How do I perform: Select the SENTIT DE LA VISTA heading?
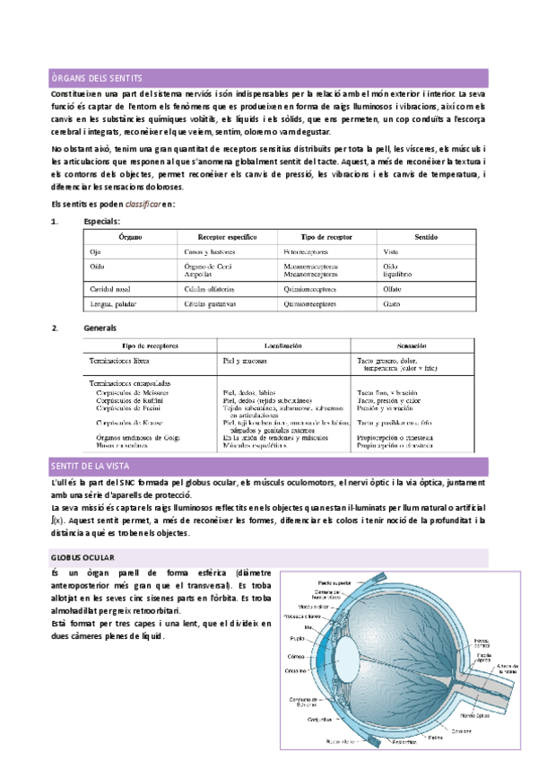(91, 465)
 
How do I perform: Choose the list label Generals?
(100, 328)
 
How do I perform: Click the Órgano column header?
(130, 237)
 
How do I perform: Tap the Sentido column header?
(426, 237)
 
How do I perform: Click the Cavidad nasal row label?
(112, 289)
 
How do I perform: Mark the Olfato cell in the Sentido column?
(393, 289)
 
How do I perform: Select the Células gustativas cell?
(211, 304)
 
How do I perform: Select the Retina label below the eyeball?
(435, 738)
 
